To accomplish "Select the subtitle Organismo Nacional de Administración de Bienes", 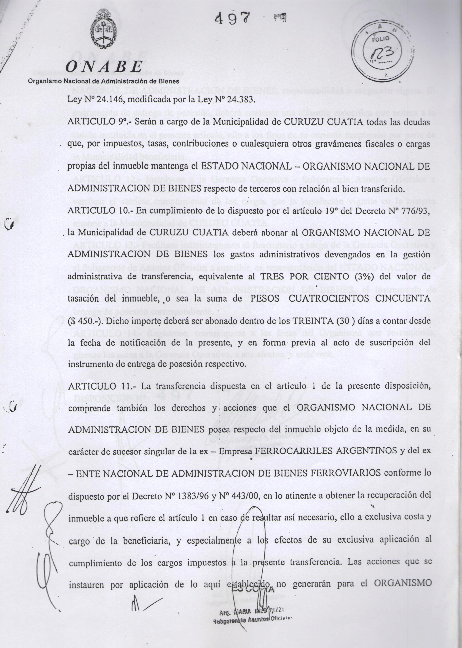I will coord(104,81).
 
